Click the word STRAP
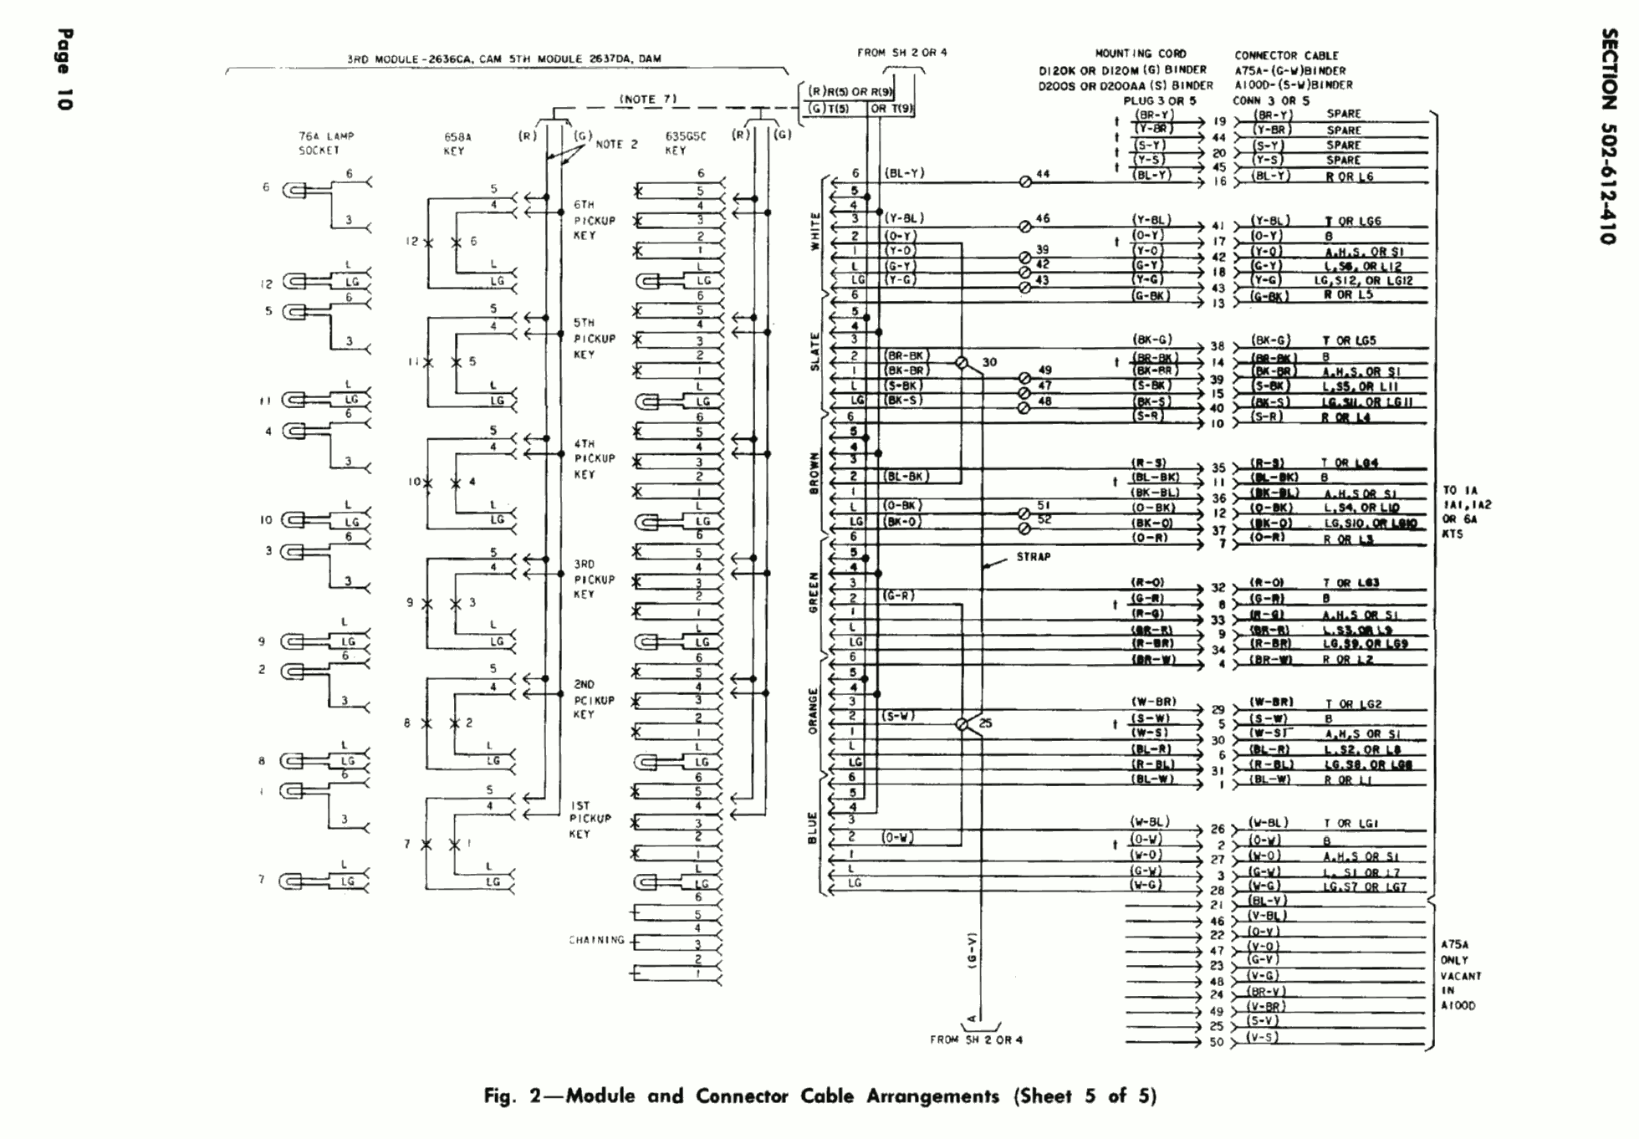(x=1033, y=557)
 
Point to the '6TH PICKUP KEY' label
(x=594, y=220)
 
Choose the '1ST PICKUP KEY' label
(x=590, y=820)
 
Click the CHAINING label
(x=597, y=940)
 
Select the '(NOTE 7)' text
(x=647, y=100)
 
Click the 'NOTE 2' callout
(x=616, y=145)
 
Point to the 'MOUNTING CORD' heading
(x=1140, y=54)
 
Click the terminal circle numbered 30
(x=962, y=363)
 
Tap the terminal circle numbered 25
(x=962, y=724)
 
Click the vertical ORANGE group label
(x=812, y=711)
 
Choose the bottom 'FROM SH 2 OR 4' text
(x=976, y=1040)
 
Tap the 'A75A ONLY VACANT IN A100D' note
(x=1460, y=975)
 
